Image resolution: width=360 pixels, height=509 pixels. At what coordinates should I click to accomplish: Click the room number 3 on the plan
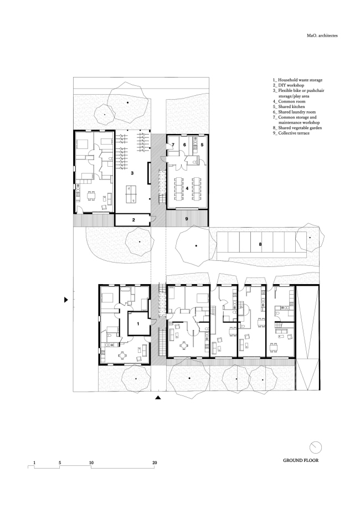pyautogui.click(x=132, y=173)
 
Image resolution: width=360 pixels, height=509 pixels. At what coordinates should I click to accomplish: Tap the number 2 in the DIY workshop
pyautogui.click(x=133, y=220)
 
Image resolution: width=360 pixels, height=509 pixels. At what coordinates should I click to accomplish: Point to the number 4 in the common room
pyautogui.click(x=188, y=188)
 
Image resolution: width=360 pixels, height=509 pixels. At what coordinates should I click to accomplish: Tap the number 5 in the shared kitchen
pyautogui.click(x=202, y=145)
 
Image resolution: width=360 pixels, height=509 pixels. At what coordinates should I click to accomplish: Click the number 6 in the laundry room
pyautogui.click(x=184, y=145)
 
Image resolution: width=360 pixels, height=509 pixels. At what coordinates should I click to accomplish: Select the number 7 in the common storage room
pyautogui.click(x=173, y=145)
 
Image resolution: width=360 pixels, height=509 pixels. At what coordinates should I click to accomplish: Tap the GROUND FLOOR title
pyautogui.click(x=301, y=460)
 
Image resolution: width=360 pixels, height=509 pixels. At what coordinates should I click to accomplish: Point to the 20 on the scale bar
pyautogui.click(x=155, y=461)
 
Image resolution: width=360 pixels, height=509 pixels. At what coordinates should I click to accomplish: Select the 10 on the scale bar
pyautogui.click(x=91, y=461)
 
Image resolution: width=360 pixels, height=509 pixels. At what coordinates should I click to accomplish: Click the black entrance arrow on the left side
pyautogui.click(x=66, y=300)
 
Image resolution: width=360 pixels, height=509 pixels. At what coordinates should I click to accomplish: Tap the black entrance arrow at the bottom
pyautogui.click(x=158, y=397)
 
